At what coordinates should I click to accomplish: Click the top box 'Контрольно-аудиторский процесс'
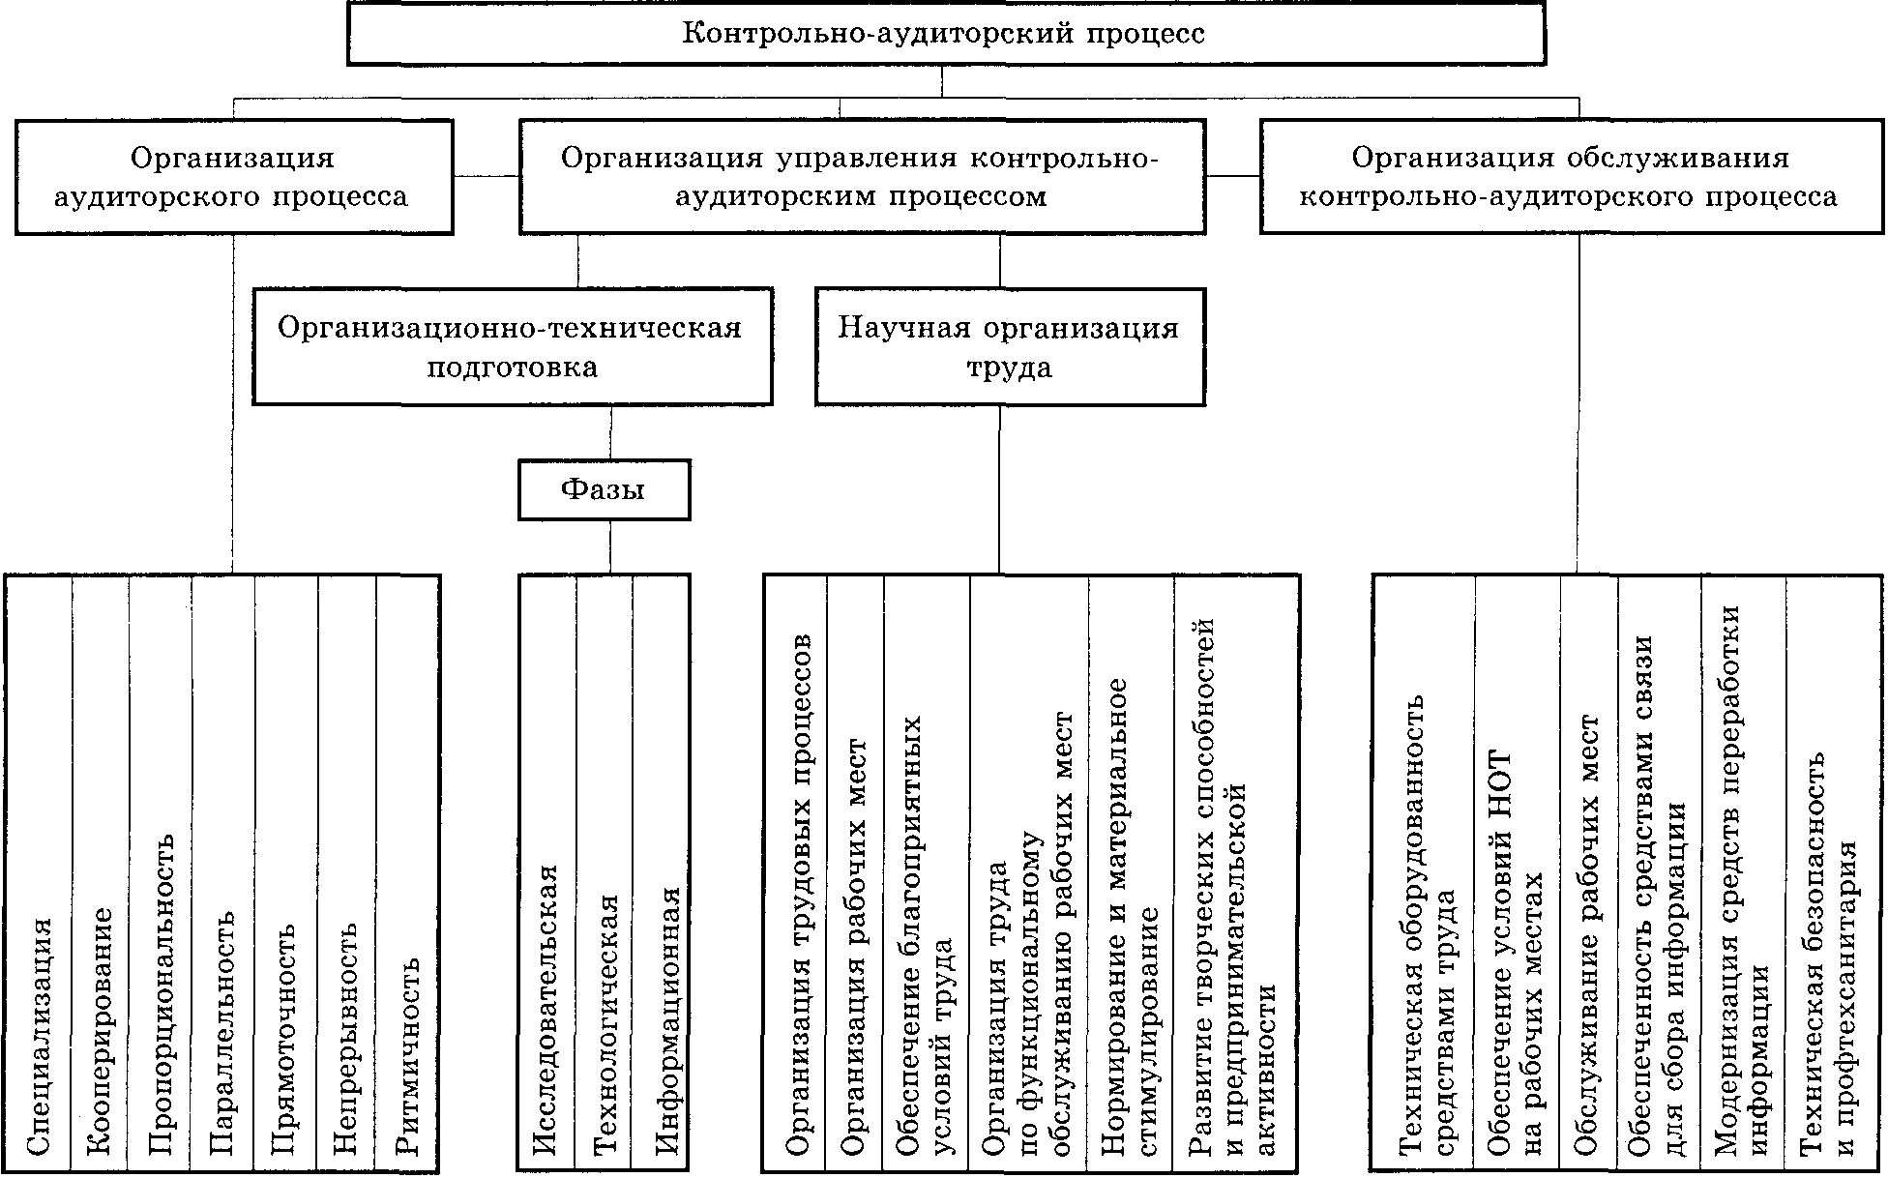click(x=945, y=34)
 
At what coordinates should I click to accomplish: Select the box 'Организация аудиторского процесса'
click(x=233, y=177)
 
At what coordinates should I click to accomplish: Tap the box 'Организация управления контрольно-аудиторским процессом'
click(x=861, y=177)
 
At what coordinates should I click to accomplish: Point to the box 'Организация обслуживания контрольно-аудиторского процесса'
click(x=1571, y=177)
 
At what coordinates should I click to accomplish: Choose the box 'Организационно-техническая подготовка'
click(x=512, y=346)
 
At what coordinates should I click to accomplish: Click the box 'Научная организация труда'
click(x=1009, y=346)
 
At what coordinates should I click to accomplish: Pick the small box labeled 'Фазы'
click(x=604, y=490)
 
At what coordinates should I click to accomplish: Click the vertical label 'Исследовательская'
click(x=546, y=1011)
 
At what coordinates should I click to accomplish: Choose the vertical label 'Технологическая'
click(x=605, y=1025)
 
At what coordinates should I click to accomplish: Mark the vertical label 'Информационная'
click(x=667, y=1020)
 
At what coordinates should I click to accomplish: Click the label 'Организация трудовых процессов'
click(x=799, y=895)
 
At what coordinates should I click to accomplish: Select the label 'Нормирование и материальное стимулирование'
click(x=1131, y=917)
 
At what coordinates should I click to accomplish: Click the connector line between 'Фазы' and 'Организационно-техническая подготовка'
click(x=610, y=432)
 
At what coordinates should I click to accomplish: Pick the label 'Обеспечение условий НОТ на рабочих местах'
click(x=1516, y=953)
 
